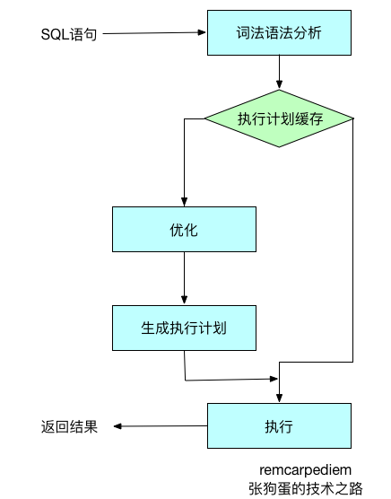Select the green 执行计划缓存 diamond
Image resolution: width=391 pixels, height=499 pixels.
pos(280,119)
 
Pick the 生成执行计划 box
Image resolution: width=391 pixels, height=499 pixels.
pos(183,328)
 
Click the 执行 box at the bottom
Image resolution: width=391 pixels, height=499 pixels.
pos(278,425)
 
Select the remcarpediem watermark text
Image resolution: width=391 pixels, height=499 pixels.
pos(306,469)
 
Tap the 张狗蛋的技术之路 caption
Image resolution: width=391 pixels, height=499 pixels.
pos(306,488)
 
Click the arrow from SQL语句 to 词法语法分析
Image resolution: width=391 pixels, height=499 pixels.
pos(152,34)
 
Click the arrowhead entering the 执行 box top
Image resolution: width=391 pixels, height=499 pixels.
pos(280,398)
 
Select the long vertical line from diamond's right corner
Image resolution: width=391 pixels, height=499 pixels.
pos(353,242)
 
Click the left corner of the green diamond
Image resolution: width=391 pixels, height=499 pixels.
pos(206,119)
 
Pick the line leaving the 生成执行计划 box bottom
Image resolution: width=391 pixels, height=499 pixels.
pos(184,364)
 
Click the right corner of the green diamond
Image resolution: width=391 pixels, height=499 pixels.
pos(352,119)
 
